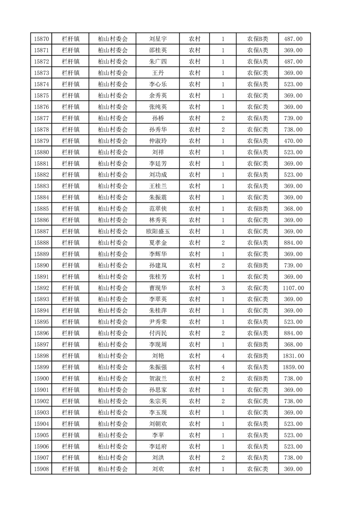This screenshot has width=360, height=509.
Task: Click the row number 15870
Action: tap(41, 39)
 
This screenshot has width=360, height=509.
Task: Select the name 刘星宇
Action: tap(158, 39)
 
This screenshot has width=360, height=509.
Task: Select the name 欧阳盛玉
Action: tap(158, 231)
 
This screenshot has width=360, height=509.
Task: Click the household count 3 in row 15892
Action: tap(223, 288)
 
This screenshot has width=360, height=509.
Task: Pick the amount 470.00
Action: tap(293, 141)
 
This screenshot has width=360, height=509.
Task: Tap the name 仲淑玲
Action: tap(158, 141)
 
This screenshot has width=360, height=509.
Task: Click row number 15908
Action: tap(41, 469)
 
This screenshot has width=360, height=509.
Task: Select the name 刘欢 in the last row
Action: tap(158, 469)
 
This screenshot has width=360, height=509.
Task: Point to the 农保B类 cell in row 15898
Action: tap(257, 356)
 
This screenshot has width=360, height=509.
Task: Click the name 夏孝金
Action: tap(158, 243)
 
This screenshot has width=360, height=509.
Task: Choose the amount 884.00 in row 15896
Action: tap(293, 333)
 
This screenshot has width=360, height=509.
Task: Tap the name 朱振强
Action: tap(158, 367)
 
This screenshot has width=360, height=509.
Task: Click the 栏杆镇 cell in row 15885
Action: tap(70, 209)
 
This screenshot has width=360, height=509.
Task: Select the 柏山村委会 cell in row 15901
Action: tap(113, 390)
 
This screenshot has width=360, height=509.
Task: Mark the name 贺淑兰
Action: tap(158, 379)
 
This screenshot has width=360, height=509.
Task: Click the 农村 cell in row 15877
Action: tap(194, 118)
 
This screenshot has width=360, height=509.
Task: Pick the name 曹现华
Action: tap(158, 288)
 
